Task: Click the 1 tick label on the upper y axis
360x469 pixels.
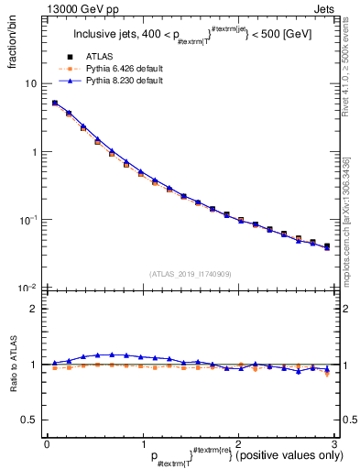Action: coord(34,152)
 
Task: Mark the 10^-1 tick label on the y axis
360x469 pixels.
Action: coord(29,220)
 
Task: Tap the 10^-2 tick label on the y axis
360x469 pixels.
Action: coord(29,289)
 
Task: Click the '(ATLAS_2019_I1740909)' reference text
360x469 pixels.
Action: coord(191,274)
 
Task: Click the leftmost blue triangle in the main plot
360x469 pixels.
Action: coord(55,103)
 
